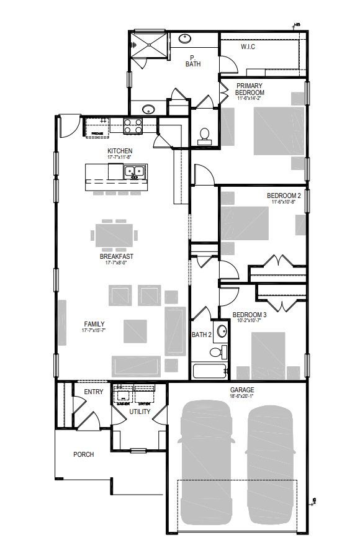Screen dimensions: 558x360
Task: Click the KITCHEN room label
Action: tap(120, 151)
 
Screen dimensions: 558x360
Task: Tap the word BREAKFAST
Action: tap(117, 256)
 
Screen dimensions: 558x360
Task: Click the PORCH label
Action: tap(83, 454)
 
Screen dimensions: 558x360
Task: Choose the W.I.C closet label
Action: tap(248, 47)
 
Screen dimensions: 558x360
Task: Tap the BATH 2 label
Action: tap(202, 335)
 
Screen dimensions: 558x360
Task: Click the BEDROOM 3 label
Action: tap(250, 314)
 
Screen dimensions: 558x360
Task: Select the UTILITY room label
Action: tap(140, 412)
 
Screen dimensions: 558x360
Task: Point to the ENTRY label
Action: tap(93, 391)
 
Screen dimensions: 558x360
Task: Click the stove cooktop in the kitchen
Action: tap(132, 126)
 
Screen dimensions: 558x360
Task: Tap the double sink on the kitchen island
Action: tap(135, 172)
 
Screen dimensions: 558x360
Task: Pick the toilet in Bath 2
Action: tap(215, 353)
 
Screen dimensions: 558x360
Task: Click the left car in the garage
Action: tap(205, 459)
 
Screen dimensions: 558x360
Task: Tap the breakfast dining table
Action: tap(115, 235)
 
